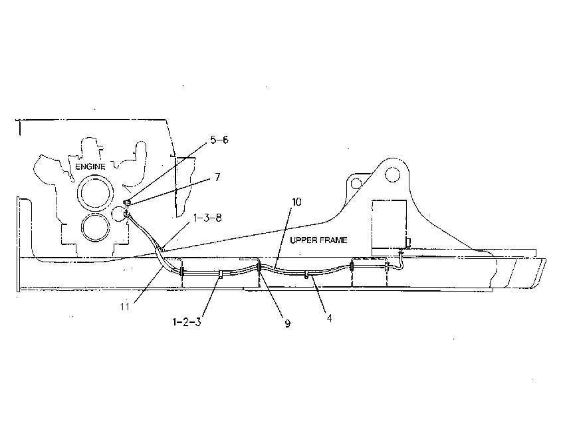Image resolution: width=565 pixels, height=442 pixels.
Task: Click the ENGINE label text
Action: click(x=90, y=166)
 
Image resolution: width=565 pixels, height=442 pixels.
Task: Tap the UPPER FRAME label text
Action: click(x=318, y=240)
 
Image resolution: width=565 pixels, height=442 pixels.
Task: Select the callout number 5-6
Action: click(x=219, y=140)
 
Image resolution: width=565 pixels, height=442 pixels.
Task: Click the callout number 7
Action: click(x=217, y=177)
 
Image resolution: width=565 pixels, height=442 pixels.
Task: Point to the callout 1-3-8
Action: click(x=207, y=218)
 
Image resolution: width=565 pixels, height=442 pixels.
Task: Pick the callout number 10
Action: click(x=296, y=202)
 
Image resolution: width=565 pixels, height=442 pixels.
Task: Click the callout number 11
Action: click(x=125, y=307)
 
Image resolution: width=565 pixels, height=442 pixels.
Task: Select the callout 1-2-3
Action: click(x=187, y=322)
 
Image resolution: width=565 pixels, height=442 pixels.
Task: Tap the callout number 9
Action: click(x=288, y=324)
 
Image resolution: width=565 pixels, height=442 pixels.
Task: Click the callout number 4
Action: click(x=329, y=318)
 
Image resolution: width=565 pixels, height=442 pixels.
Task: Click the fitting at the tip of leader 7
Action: click(x=127, y=203)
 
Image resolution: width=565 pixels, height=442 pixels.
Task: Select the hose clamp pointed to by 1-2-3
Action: click(x=220, y=276)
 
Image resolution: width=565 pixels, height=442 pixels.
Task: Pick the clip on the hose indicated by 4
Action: click(x=306, y=275)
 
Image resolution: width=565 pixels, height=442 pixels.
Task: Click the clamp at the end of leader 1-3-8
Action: click(x=161, y=248)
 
